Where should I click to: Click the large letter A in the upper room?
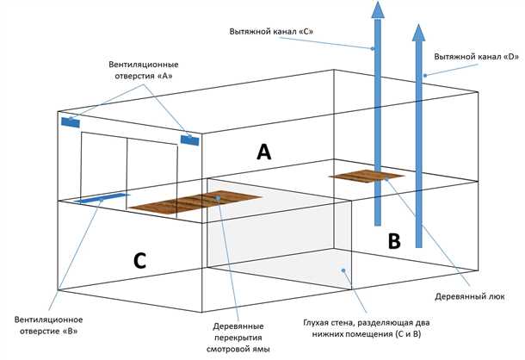(x=264, y=152)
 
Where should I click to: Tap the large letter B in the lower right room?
(x=393, y=243)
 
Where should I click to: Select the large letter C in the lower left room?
(x=140, y=258)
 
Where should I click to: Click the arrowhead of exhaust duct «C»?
(x=376, y=10)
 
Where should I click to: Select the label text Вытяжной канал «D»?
(x=476, y=56)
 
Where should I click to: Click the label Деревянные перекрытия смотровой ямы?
(x=239, y=338)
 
